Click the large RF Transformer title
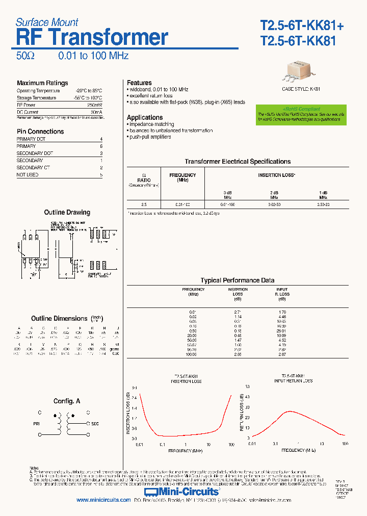click(x=92, y=38)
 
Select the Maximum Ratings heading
click(x=42, y=83)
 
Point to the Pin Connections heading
click(x=40, y=132)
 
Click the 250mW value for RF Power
click(x=95, y=105)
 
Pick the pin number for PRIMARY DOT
click(x=101, y=139)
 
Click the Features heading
click(x=139, y=83)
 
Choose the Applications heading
click(x=145, y=117)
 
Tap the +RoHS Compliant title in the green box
click(x=301, y=109)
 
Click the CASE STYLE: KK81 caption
click(x=301, y=89)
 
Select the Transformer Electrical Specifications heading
click(x=238, y=162)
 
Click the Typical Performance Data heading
click(x=238, y=280)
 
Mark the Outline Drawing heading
click(x=67, y=212)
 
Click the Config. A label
click(x=67, y=401)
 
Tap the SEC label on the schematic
click(x=95, y=424)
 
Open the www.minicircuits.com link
click(x=103, y=500)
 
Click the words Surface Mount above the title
click(x=47, y=22)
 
